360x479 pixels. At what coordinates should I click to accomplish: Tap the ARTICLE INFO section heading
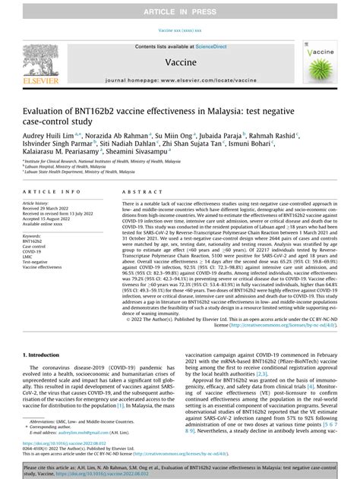(52, 194)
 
